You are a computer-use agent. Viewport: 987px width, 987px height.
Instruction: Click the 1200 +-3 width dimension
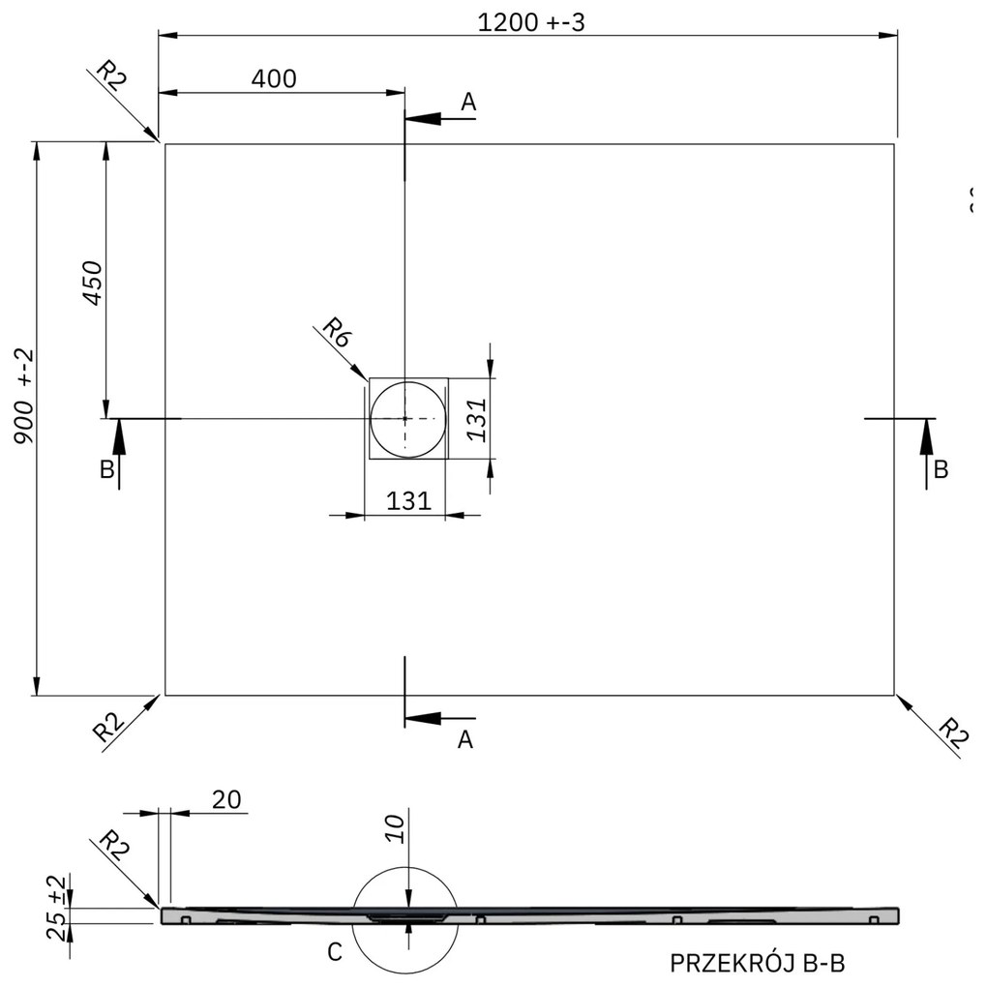[531, 23]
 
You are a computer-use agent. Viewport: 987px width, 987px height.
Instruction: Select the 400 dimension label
[274, 79]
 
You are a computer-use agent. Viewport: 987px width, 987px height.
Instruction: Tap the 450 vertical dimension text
[91, 284]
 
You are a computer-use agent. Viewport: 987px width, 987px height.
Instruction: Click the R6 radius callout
[336, 335]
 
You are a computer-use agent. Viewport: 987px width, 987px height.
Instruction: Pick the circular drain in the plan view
[406, 418]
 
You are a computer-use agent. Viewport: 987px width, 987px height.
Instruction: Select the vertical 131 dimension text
[476, 418]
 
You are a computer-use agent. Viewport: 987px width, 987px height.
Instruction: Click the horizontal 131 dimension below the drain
[408, 500]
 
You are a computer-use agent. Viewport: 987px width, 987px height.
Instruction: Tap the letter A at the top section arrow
[468, 101]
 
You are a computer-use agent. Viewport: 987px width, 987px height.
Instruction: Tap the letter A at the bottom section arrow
[465, 739]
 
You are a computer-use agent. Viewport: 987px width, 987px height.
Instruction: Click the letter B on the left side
[107, 470]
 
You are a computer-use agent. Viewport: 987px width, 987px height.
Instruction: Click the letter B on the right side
[941, 470]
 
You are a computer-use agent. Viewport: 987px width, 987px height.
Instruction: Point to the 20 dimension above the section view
[227, 799]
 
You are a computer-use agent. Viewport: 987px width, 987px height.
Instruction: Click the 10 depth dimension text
[395, 829]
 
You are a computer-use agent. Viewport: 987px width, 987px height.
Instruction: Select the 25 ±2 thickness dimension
[58, 908]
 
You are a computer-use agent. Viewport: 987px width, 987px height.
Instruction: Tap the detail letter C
[334, 952]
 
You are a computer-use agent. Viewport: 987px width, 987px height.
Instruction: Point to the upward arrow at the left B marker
[119, 440]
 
